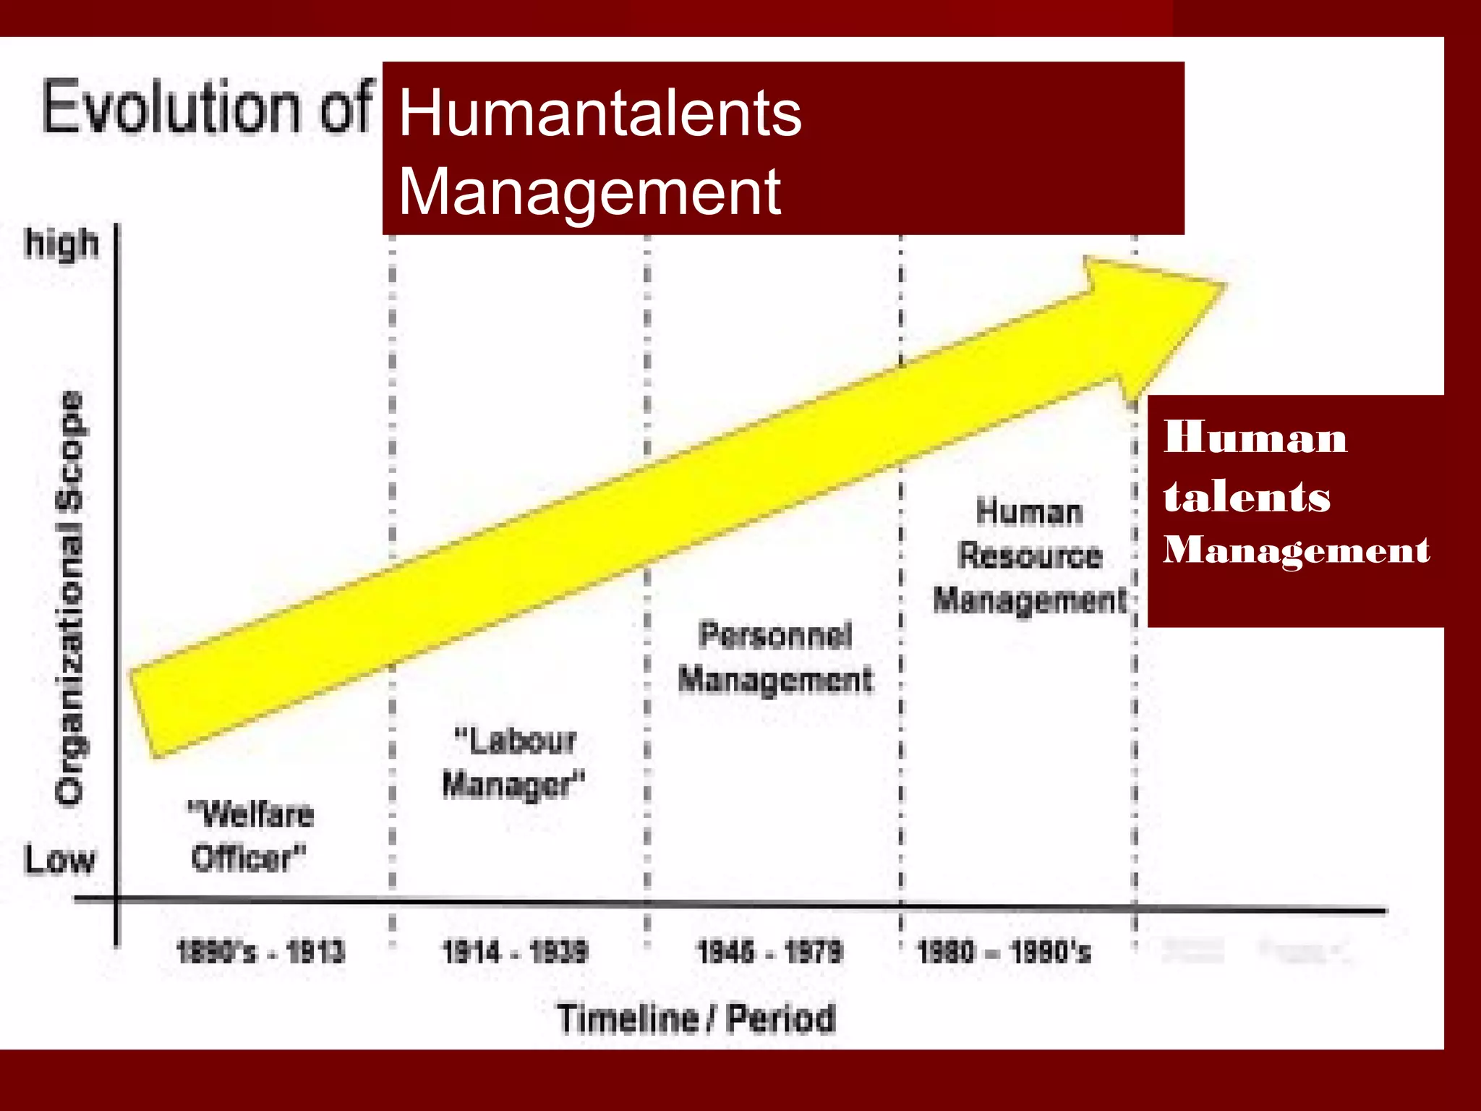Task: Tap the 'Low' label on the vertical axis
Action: tap(59, 860)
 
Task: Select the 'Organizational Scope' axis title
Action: tap(70, 597)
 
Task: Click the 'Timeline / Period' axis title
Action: tap(696, 1018)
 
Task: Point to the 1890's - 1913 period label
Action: tap(260, 951)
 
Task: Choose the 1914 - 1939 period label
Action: tap(515, 951)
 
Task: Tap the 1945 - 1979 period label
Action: tap(769, 951)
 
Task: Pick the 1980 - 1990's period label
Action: tap(1004, 951)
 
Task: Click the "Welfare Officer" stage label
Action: tap(250, 836)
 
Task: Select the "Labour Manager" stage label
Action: tap(513, 763)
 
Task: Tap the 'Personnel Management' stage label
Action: tap(775, 657)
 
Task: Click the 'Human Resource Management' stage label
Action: tap(1030, 555)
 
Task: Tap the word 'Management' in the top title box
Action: tap(589, 192)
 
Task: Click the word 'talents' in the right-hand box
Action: tap(1247, 496)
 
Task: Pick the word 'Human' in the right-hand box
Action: tap(1255, 438)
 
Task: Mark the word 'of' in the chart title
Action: tap(346, 108)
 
